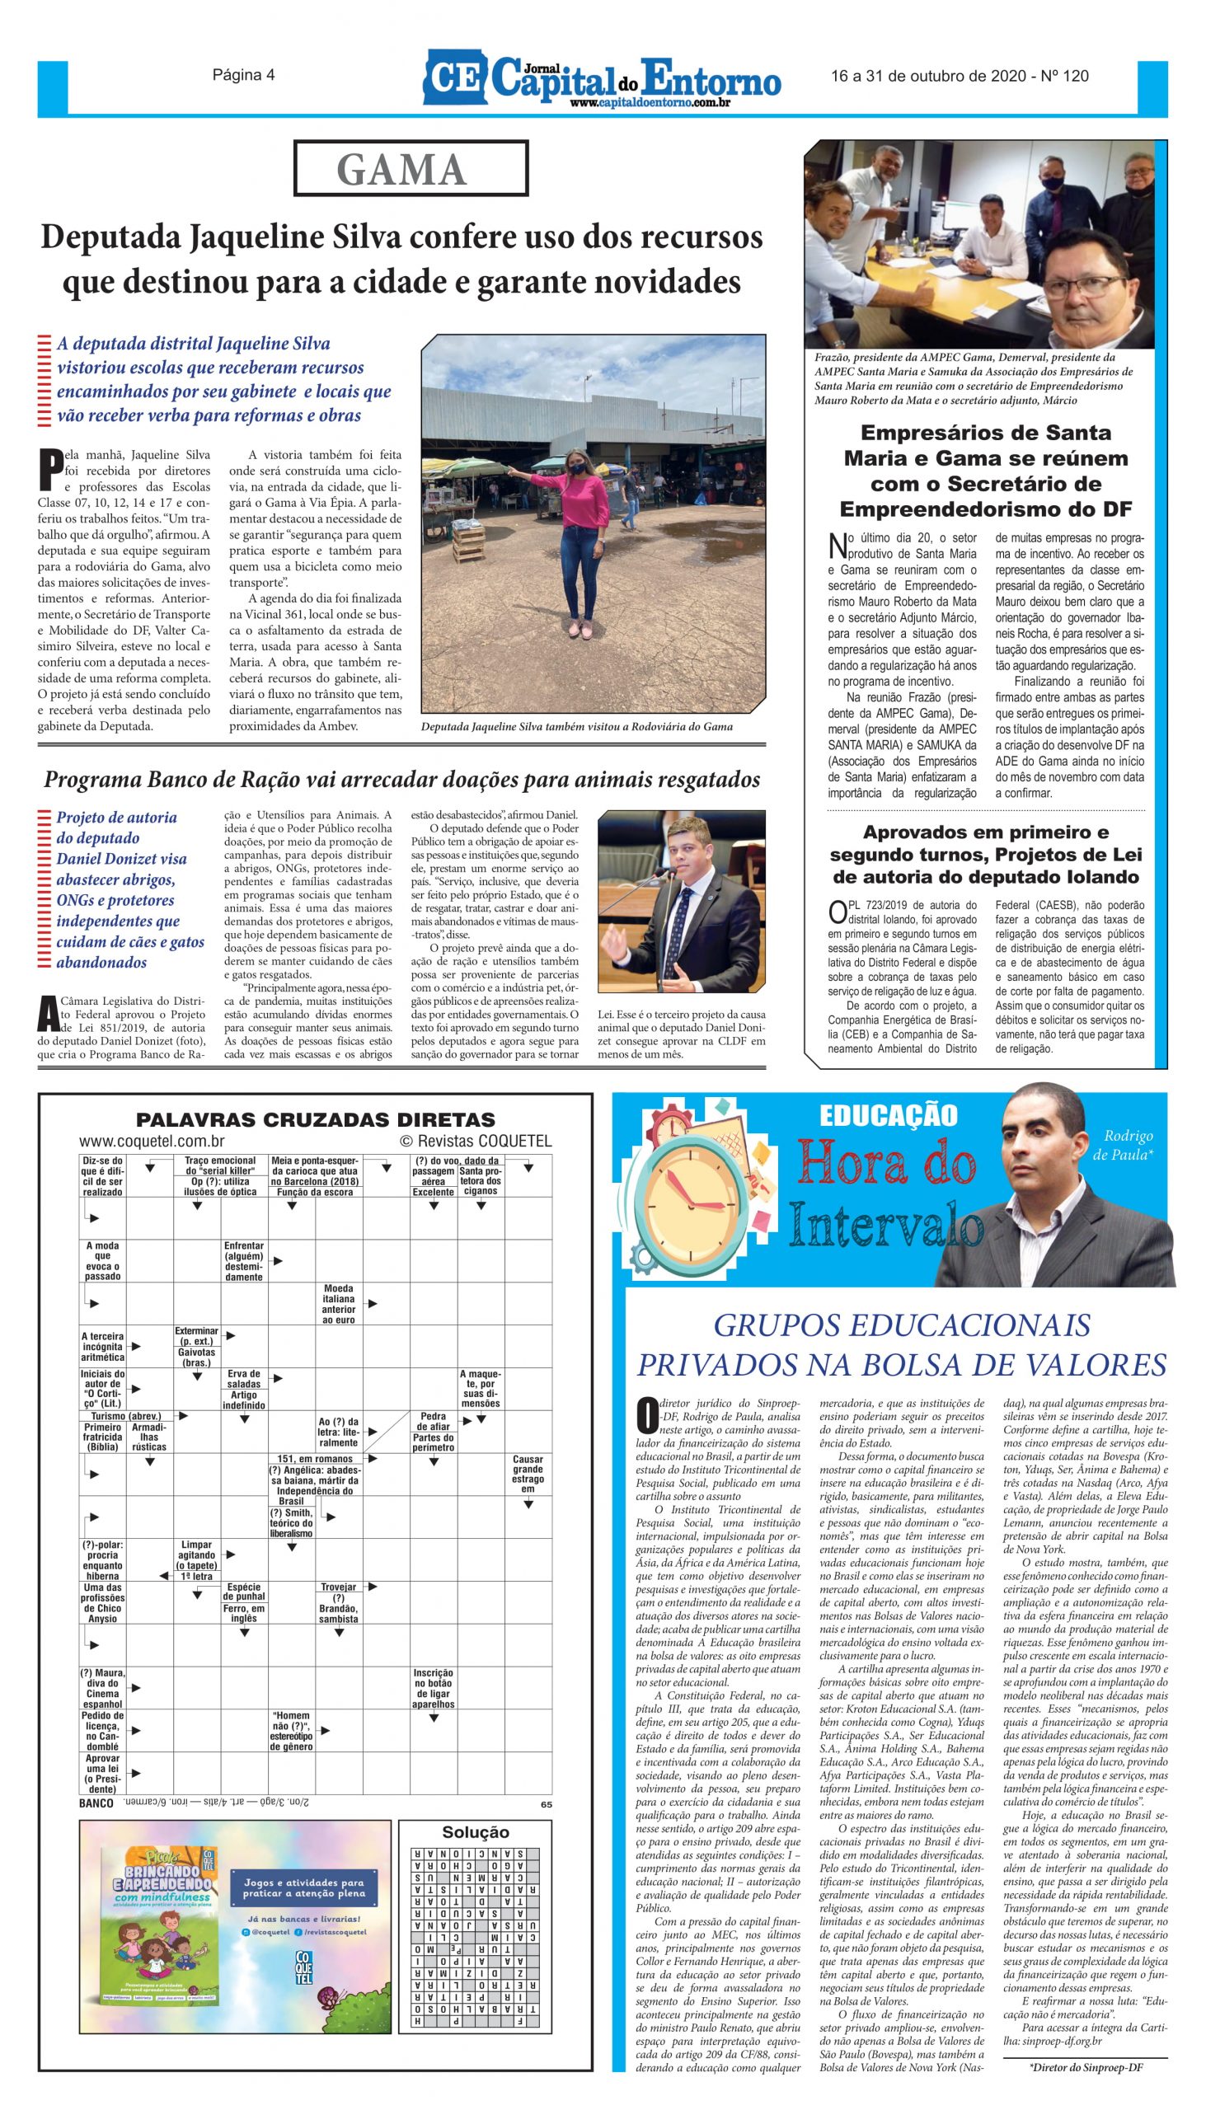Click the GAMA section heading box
coord(411,169)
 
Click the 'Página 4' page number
coord(243,75)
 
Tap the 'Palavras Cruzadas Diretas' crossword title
coord(316,1119)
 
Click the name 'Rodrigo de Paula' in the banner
coord(1128,1145)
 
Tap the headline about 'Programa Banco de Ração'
coord(401,779)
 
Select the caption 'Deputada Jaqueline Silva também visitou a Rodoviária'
coord(576,726)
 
